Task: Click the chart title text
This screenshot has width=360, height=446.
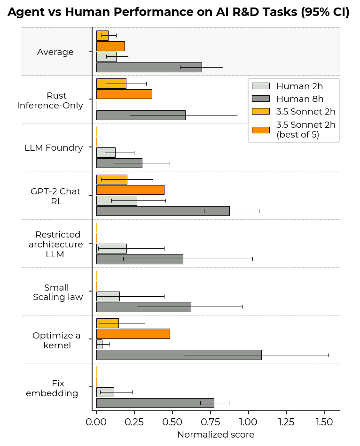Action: [x=179, y=13]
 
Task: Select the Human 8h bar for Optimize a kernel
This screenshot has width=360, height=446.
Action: [x=179, y=355]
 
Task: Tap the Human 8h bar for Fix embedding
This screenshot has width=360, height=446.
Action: [x=155, y=403]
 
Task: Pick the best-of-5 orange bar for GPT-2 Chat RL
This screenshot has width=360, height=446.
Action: [x=130, y=190]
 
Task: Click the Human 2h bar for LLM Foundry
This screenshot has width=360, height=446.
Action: [x=106, y=153]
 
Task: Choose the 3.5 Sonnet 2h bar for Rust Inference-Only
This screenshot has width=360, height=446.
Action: [x=111, y=84]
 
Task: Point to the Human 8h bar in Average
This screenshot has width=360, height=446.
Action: [x=149, y=67]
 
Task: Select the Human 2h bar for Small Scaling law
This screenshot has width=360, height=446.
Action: [x=108, y=296]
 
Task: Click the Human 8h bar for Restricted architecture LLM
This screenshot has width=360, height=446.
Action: [x=140, y=259]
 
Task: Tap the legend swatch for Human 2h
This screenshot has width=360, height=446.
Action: [x=261, y=86]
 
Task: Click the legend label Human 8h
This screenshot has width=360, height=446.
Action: [x=299, y=99]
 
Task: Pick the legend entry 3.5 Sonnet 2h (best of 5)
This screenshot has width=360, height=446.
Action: [x=305, y=130]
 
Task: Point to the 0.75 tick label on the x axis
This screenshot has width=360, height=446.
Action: [x=210, y=422]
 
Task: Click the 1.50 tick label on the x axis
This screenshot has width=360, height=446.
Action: [x=324, y=422]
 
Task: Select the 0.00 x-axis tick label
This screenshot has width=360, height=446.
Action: [x=96, y=422]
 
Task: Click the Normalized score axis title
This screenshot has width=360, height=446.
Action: [x=215, y=435]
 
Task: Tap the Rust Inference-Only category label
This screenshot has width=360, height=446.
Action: [x=50, y=100]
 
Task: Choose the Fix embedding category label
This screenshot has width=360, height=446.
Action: [x=52, y=388]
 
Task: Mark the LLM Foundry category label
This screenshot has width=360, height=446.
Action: [x=54, y=148]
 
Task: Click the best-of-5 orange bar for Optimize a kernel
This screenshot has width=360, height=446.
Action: [x=133, y=334]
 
